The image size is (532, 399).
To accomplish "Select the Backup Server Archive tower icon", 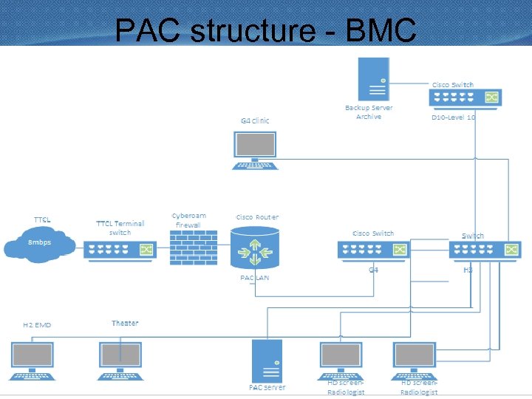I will (x=373, y=79).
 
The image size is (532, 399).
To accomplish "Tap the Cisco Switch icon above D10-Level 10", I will (x=465, y=98).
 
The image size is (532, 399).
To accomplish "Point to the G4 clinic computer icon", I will (x=256, y=151).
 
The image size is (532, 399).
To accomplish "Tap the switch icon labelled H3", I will (x=484, y=250).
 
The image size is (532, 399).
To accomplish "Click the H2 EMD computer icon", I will (x=33, y=358).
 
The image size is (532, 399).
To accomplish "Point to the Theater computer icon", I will (x=120, y=358).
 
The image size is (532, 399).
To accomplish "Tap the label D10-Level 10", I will (x=454, y=117).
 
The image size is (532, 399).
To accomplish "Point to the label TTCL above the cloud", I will (x=42, y=219).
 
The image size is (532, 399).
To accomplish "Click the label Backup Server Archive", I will (x=369, y=112).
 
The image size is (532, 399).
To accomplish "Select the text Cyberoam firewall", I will (x=188, y=220).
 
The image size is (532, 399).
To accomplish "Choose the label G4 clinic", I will (x=255, y=120).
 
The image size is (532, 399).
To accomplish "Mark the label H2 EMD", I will (x=37, y=324).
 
